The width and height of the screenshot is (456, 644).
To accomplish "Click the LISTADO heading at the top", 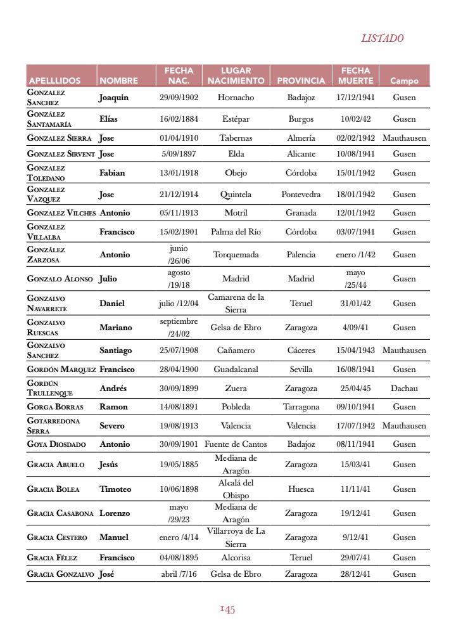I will pos(382,38).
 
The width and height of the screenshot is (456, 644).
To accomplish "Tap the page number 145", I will pos(227,610).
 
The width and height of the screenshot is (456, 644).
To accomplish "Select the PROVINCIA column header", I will pos(301,81).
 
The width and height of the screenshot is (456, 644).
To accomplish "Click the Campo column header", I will pos(404,81).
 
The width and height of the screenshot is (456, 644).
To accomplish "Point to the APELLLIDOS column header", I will pos(54,81).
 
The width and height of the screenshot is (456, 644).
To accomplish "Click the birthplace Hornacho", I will pos(236,98).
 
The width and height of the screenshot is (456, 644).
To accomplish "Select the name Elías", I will pos(108,119).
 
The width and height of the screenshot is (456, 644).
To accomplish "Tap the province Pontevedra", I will pos(301,195).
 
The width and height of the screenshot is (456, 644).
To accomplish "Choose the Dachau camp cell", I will pos(404,388).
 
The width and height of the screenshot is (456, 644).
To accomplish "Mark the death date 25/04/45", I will pos(355,388).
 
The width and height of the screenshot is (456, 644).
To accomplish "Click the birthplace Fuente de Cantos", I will pos(236,444).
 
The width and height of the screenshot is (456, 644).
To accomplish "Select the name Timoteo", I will pos(115,489).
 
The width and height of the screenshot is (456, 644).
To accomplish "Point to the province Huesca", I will pos(301,489).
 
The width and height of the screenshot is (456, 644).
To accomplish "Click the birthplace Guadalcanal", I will pos(236,369).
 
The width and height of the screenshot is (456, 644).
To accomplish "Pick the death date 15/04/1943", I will pos(355,350).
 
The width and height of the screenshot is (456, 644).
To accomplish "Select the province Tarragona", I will pos(301,407).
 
